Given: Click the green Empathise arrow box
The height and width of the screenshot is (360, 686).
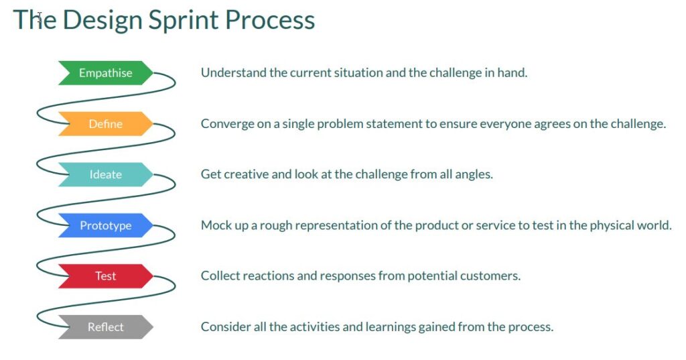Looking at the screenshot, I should pos(105,73).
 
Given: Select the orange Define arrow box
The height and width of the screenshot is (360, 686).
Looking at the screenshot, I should pos(105,124).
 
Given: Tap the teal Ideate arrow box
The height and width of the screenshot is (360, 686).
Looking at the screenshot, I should pos(105,175).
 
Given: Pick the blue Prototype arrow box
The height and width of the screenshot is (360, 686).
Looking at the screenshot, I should pos(105,226).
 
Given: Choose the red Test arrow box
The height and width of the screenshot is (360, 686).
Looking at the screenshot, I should pos(105,276).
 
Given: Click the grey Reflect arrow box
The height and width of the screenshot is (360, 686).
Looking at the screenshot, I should pos(105,327).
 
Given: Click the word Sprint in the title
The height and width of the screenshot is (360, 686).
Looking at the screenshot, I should pos(184,20).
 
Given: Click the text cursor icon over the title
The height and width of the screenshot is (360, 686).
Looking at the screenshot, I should pos(39,17).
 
